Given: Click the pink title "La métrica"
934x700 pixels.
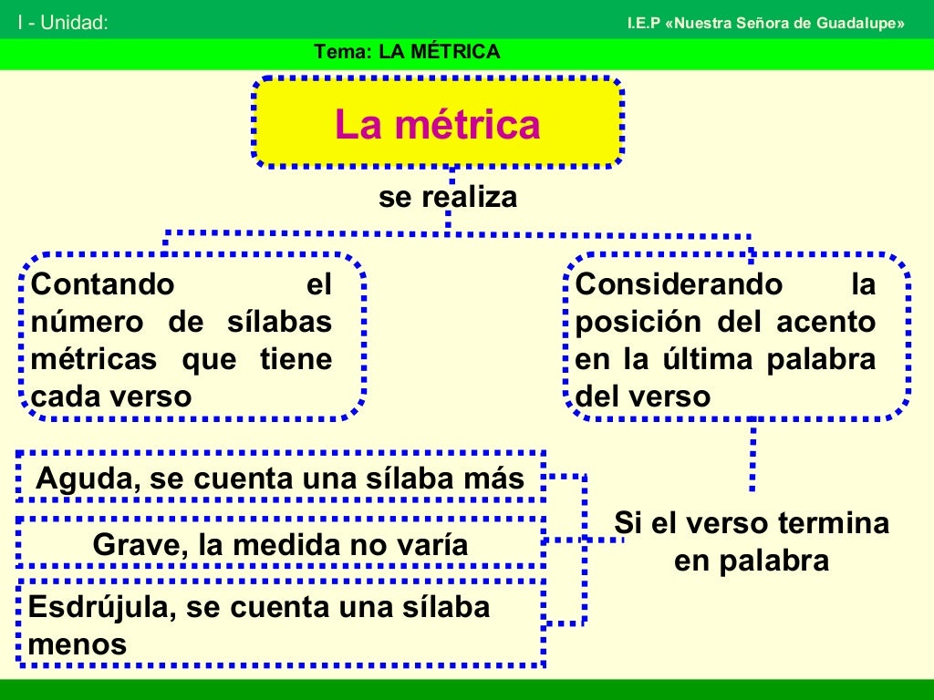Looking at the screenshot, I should click(x=437, y=125).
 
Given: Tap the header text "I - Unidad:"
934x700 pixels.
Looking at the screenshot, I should click(x=63, y=23).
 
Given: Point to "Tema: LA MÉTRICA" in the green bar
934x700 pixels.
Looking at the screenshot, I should click(x=407, y=52).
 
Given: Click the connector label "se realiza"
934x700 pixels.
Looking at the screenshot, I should click(x=448, y=197).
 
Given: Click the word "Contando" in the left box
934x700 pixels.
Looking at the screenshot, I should click(x=102, y=284).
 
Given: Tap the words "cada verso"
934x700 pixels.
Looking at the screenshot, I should click(x=111, y=396).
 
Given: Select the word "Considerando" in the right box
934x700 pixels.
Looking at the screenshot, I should click(x=679, y=284).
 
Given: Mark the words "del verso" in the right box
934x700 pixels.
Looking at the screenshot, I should click(x=642, y=396).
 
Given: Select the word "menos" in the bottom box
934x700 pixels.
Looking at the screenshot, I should click(x=78, y=644).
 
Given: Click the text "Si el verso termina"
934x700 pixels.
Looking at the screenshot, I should click(x=751, y=523).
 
